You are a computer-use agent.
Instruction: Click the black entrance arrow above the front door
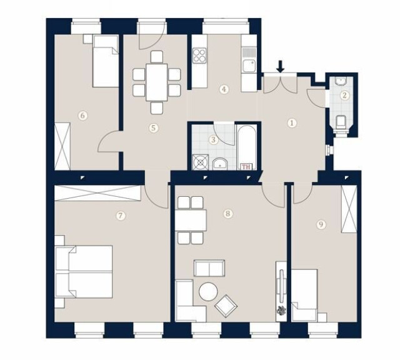point(281,66)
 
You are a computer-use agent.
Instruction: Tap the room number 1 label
point(292,123)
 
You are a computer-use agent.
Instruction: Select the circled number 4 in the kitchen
point(224,89)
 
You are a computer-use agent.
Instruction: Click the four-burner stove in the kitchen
point(199,56)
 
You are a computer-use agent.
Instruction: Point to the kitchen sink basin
point(249,66)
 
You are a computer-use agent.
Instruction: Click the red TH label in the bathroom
point(246,167)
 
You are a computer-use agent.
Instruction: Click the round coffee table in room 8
point(208,292)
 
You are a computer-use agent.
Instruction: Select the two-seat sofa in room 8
point(209,268)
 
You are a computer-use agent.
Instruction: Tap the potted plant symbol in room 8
point(281,310)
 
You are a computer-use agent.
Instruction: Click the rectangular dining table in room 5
point(157,82)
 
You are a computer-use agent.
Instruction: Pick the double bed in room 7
point(84,272)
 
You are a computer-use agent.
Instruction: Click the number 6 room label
point(82,116)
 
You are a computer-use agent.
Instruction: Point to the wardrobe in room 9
point(349,209)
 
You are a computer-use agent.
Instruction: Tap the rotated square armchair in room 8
point(226,306)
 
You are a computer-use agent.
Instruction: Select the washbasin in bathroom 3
point(220,164)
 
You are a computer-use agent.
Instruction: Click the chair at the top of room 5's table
point(157,57)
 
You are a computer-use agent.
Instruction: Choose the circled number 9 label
point(321,224)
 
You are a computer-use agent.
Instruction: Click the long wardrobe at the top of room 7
point(98,193)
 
